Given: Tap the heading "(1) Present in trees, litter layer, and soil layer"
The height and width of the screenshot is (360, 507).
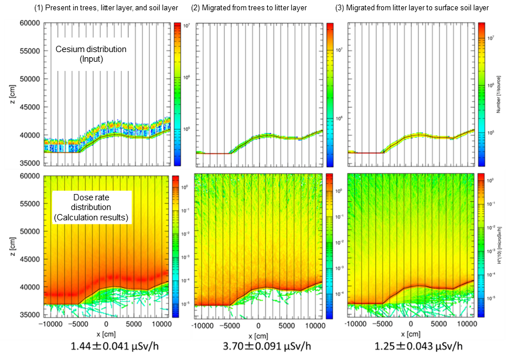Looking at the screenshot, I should (x=106, y=7).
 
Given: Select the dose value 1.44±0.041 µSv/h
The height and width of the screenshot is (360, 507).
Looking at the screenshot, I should (x=108, y=347).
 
